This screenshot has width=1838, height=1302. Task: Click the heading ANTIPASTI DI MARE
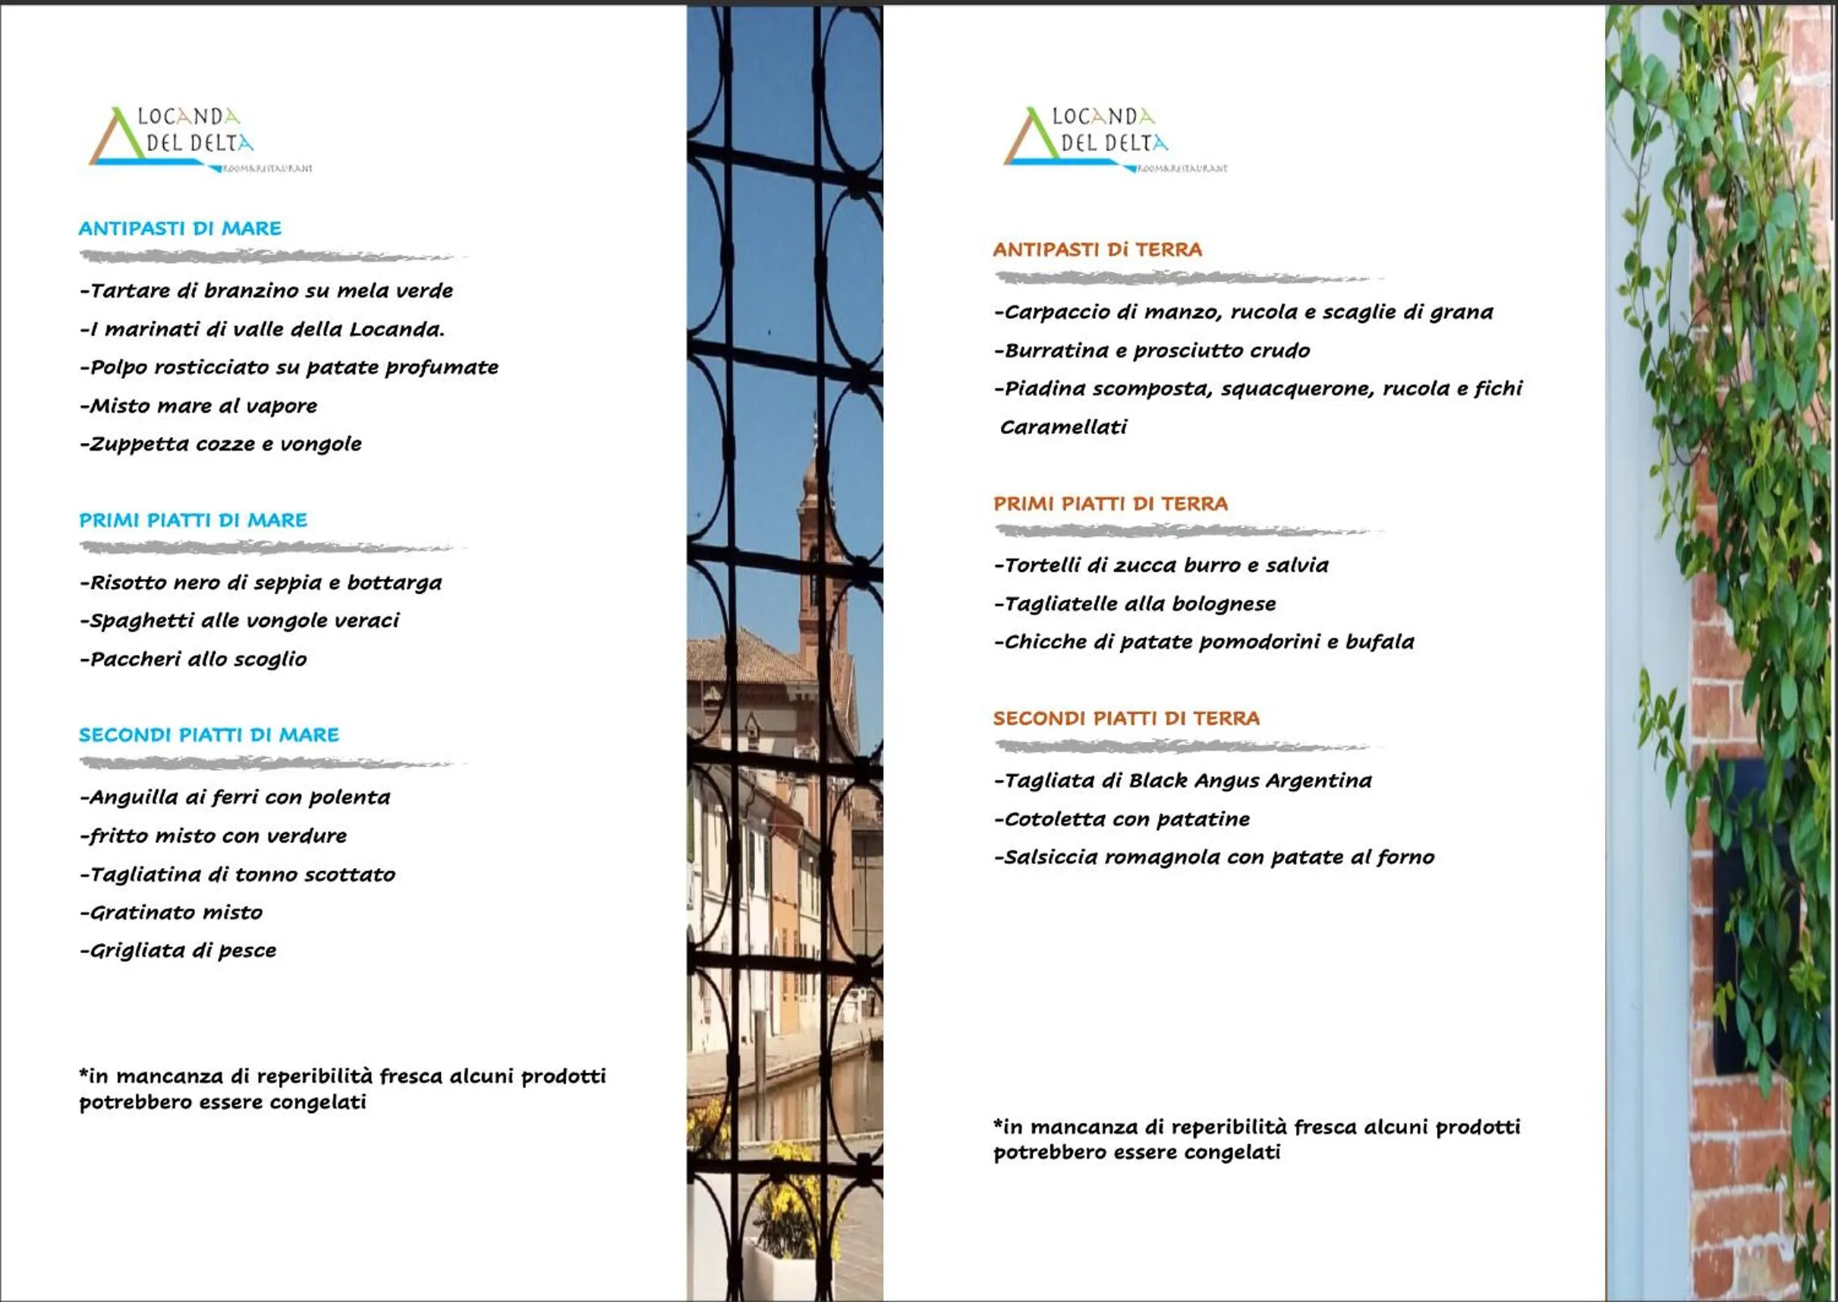(180, 228)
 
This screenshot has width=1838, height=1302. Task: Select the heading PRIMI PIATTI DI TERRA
(1109, 504)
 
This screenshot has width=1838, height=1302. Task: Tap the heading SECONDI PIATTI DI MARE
(209, 734)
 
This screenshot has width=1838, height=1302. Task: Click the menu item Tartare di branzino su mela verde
(266, 291)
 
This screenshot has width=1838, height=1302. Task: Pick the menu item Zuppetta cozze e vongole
(221, 443)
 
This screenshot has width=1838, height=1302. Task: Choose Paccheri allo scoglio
(194, 659)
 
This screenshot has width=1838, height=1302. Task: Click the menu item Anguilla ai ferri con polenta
(235, 797)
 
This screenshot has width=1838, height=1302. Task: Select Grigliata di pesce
(178, 950)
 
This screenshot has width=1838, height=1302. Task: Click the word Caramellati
(1062, 426)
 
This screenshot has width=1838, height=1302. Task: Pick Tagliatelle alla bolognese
(1135, 604)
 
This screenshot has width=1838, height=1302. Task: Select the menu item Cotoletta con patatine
(1122, 819)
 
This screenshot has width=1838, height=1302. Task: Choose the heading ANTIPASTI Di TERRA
(1097, 250)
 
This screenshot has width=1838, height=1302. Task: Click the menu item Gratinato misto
(172, 912)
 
